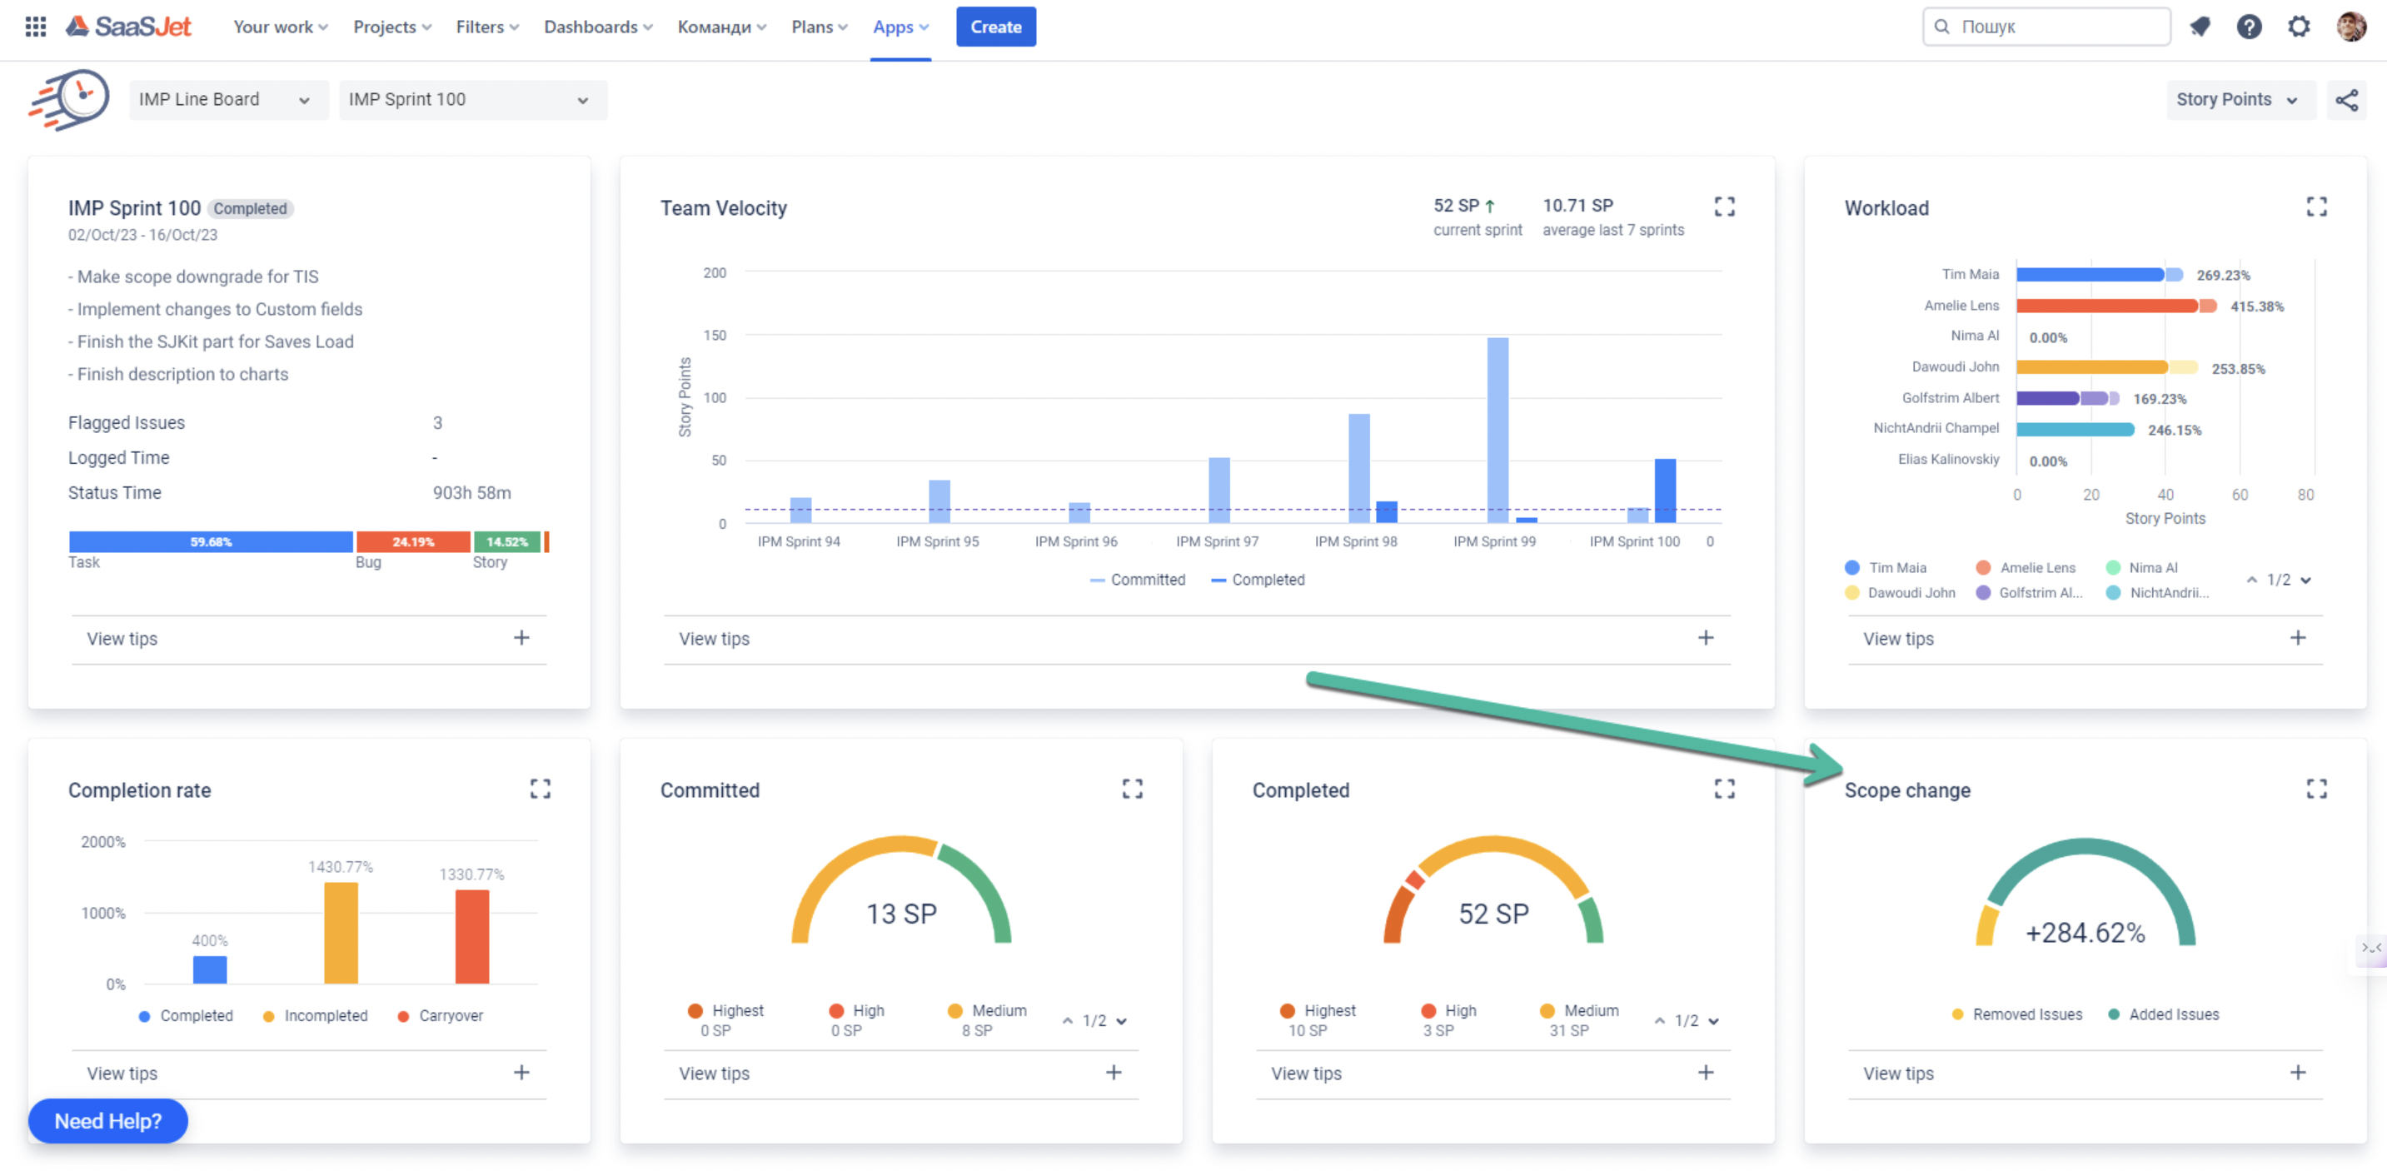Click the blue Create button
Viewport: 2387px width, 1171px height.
point(995,27)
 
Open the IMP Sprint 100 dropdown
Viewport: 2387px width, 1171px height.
point(471,100)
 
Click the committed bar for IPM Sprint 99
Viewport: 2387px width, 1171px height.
point(1497,430)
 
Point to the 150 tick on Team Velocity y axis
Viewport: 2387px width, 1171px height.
point(715,336)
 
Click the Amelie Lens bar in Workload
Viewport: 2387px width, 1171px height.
point(2105,306)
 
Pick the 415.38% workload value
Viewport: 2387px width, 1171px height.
point(2256,306)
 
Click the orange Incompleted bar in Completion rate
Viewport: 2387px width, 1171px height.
point(340,932)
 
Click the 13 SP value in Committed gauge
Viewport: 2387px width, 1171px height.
point(900,914)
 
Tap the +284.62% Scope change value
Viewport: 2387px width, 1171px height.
point(2085,932)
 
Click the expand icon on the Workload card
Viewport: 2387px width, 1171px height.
point(2315,207)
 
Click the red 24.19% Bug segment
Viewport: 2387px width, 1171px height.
point(412,542)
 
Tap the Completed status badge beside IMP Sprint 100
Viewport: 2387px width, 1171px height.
point(250,208)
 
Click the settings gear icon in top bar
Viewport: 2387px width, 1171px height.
point(2298,27)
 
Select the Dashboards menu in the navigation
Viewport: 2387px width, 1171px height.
point(598,27)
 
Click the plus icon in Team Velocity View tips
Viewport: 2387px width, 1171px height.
point(1705,637)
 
